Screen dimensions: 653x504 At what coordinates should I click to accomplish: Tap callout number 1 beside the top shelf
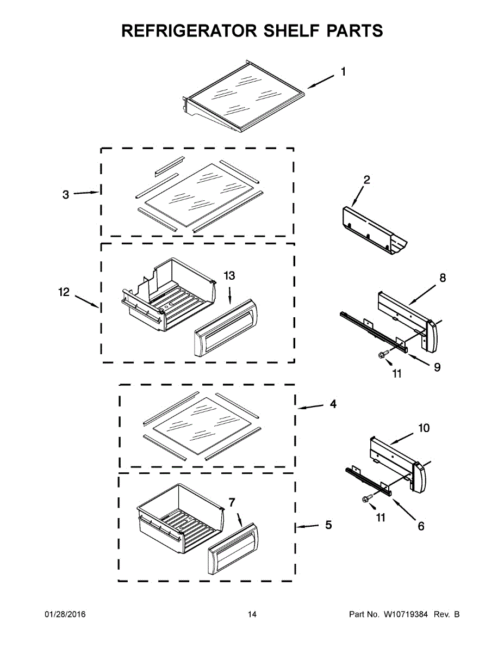click(343, 72)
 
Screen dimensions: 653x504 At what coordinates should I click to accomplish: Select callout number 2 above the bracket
click(367, 180)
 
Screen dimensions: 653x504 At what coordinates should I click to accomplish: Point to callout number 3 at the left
click(66, 194)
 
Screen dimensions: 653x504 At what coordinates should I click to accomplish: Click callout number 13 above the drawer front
click(229, 276)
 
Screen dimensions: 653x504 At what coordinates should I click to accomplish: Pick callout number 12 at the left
click(64, 293)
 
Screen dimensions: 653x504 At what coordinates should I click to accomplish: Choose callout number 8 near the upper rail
click(443, 278)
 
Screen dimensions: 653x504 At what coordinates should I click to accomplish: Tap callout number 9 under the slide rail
click(437, 367)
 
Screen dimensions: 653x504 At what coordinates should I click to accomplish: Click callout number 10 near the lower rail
click(423, 428)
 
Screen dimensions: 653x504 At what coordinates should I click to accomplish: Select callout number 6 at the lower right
click(421, 526)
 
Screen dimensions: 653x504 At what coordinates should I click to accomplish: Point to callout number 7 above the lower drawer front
click(232, 501)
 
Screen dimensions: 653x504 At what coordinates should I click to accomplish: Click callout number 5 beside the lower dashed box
click(328, 525)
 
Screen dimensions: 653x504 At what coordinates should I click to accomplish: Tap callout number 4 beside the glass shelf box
click(333, 404)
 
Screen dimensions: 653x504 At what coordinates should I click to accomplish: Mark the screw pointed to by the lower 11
click(365, 498)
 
